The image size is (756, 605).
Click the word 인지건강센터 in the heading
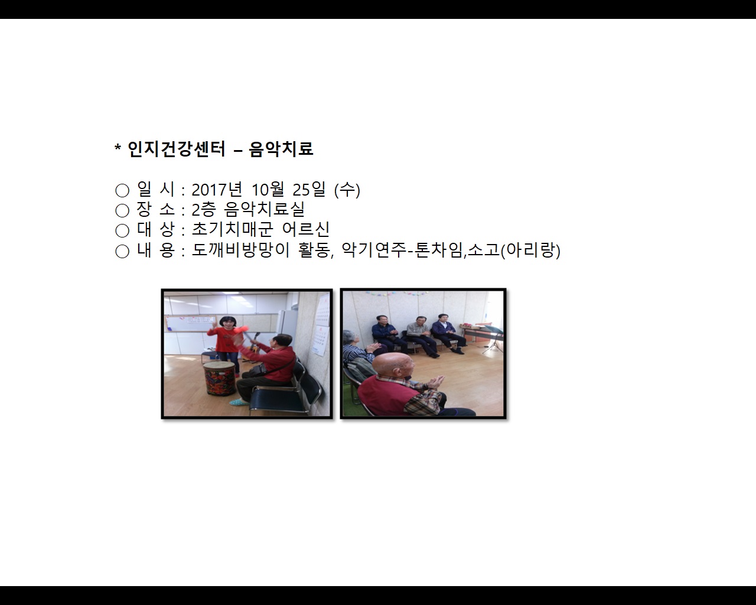tap(177, 149)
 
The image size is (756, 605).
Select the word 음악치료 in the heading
tap(281, 149)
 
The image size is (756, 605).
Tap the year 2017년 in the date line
tap(217, 190)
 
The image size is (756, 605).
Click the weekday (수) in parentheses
tap(347, 190)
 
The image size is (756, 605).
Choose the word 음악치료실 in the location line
tap(265, 210)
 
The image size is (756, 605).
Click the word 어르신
tap(306, 230)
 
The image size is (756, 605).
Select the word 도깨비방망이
tap(241, 251)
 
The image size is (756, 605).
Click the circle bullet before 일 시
tap(122, 190)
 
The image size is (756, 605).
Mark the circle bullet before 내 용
tap(122, 251)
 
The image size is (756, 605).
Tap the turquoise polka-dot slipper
tap(237, 402)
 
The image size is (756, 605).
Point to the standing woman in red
tap(225, 343)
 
